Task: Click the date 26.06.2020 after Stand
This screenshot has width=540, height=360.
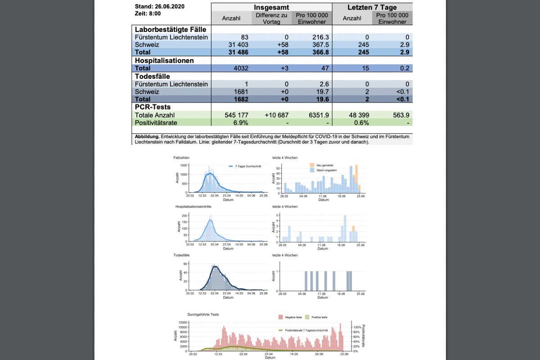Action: (169, 7)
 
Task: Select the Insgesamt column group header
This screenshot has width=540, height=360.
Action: (271, 8)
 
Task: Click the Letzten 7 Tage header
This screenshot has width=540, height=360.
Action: (372, 8)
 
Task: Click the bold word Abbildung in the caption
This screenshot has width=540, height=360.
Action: (147, 136)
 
